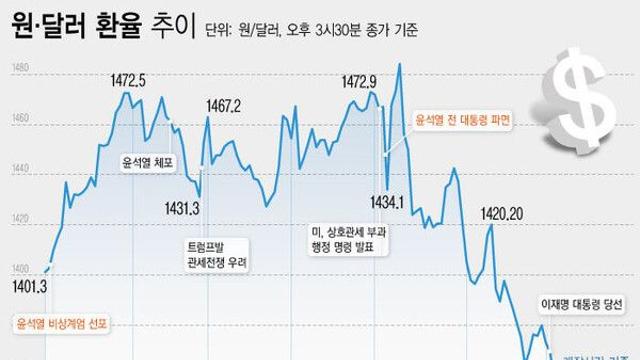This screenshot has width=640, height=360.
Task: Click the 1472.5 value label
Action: (x=127, y=80)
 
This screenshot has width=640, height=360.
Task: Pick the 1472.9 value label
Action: (x=358, y=81)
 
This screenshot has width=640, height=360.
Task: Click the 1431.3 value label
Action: (x=183, y=208)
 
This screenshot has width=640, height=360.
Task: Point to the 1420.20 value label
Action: (x=502, y=213)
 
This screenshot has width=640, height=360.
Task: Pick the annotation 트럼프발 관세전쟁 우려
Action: (x=215, y=254)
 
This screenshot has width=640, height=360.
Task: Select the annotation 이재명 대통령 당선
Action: (x=580, y=300)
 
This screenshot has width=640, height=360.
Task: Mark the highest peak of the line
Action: (x=399, y=65)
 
